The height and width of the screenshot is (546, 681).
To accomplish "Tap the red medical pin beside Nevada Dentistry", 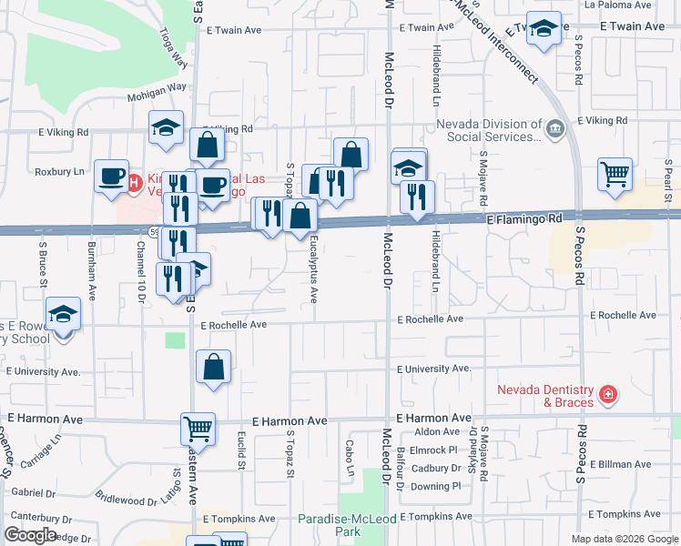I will [x=607, y=396].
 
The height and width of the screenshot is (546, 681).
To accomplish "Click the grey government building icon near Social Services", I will [x=554, y=130].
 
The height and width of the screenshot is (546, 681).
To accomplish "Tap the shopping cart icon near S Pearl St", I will [x=615, y=173].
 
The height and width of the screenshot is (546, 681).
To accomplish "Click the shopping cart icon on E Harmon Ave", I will [x=198, y=427].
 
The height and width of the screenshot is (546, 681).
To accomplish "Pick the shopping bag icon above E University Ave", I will [x=213, y=368].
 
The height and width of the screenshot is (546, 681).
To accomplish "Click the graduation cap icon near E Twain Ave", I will [x=544, y=31].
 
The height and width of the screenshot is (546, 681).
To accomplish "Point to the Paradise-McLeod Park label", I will [x=336, y=525].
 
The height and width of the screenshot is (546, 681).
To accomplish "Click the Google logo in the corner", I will [x=30, y=534].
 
